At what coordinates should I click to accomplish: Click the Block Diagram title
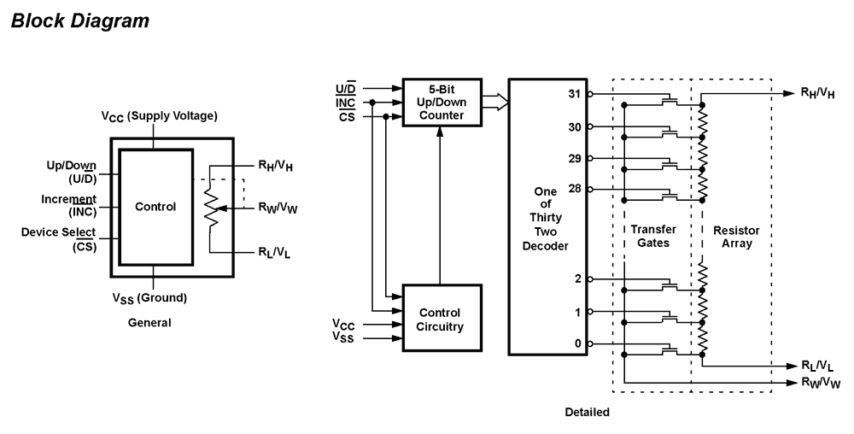(80, 21)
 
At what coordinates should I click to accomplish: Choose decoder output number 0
(578, 344)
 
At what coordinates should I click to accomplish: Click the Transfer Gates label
(651, 238)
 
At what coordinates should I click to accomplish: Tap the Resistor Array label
(734, 238)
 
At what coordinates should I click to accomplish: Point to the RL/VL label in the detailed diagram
(816, 366)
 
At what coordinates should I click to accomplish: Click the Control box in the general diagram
(155, 207)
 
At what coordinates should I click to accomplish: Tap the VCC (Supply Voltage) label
(159, 116)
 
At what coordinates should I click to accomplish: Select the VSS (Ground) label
(150, 298)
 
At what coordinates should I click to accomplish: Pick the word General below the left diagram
(149, 323)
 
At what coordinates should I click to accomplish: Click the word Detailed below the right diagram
(588, 413)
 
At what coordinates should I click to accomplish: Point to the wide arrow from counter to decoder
(495, 103)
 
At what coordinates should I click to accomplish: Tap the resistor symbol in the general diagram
(211, 207)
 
